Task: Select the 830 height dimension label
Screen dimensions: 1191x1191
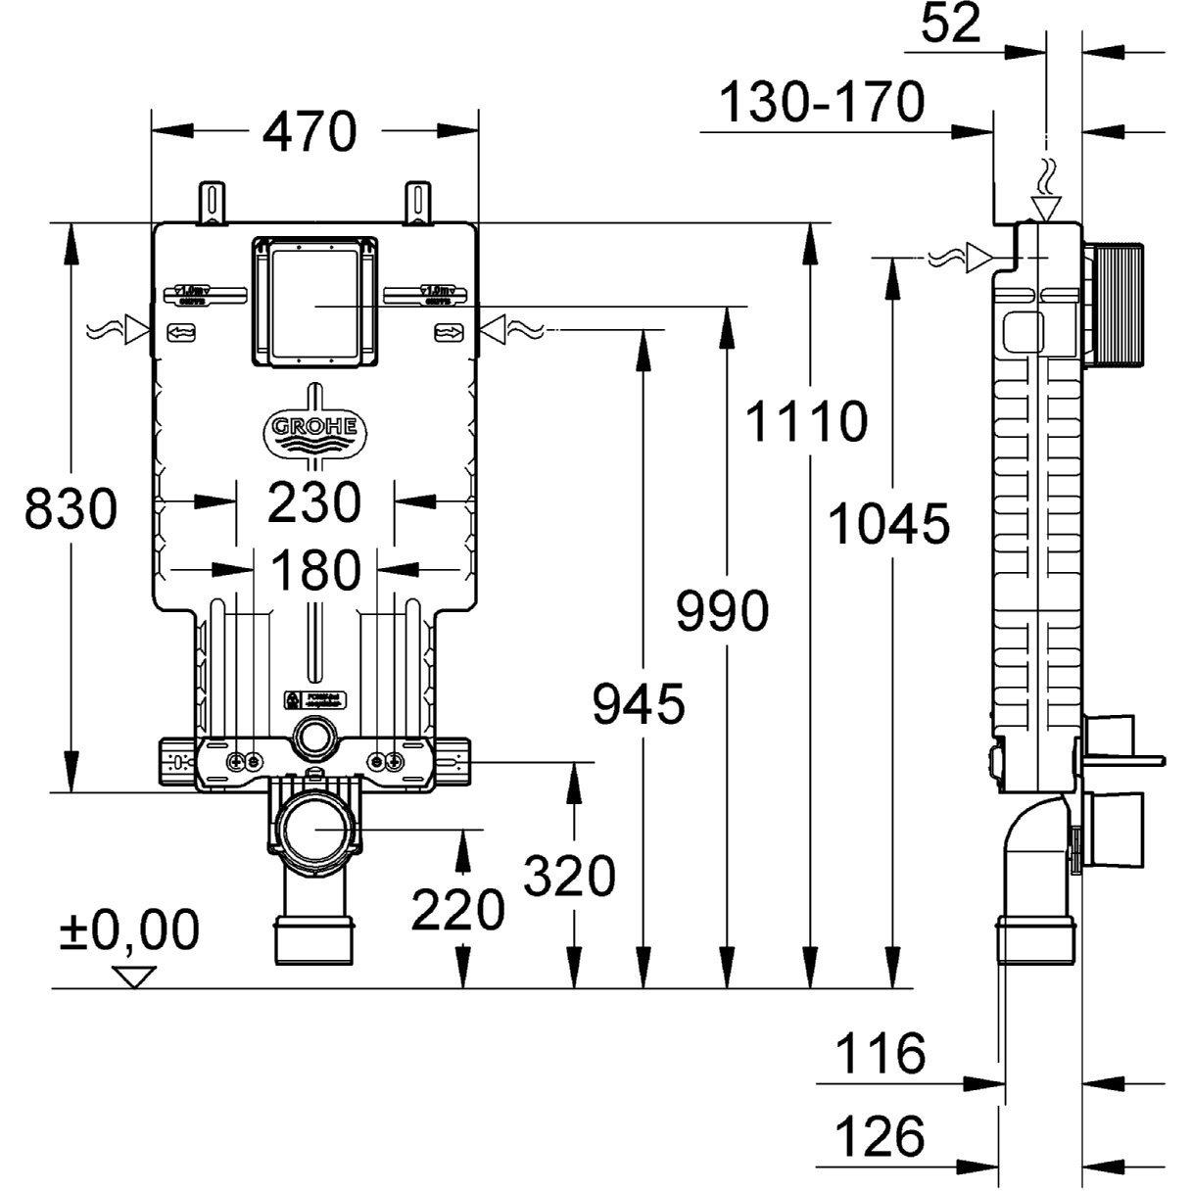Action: coord(71,509)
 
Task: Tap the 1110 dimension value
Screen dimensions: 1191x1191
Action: coord(805,422)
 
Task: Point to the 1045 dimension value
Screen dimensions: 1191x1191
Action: coord(888,523)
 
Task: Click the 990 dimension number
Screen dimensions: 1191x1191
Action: coord(723,613)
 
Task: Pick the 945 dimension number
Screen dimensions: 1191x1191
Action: coord(639,704)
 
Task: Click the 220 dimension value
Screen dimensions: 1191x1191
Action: coord(457,910)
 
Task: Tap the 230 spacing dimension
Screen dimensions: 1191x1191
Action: coord(315,501)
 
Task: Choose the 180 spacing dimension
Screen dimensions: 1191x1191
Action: coord(315,570)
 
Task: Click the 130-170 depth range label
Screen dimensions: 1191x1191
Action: coord(822,102)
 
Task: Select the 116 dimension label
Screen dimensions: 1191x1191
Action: coord(880,1054)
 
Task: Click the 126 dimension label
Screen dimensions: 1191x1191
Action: coord(880,1136)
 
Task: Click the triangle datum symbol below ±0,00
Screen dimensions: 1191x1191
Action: coord(135,977)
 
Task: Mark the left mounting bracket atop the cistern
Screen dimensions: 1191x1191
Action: coord(213,203)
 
